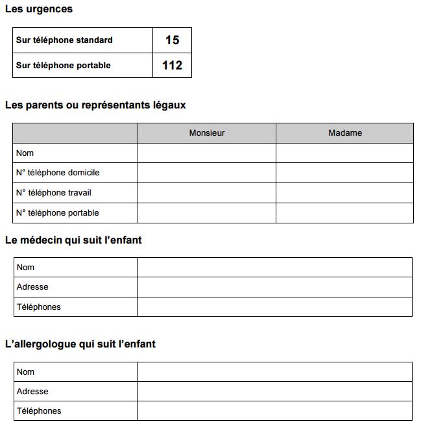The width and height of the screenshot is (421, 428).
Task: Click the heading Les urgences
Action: click(x=38, y=9)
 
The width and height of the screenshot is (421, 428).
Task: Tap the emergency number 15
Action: click(x=172, y=40)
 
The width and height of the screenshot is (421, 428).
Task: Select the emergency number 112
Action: click(x=172, y=65)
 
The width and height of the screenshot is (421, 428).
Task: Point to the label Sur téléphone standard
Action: click(x=64, y=40)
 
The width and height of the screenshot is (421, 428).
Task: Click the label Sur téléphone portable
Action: click(x=64, y=65)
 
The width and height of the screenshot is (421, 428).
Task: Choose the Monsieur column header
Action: click(x=207, y=133)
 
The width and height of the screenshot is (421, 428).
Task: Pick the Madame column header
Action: click(x=345, y=133)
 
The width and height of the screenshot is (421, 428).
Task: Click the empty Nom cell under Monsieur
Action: click(x=207, y=153)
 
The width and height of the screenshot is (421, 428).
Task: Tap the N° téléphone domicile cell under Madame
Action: click(x=345, y=173)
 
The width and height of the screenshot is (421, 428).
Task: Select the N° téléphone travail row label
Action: click(x=54, y=193)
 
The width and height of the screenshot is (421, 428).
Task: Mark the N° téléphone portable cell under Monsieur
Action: click(x=207, y=213)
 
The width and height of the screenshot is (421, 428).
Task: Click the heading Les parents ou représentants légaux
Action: click(x=95, y=105)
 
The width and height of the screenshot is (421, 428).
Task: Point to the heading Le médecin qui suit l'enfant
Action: click(x=73, y=240)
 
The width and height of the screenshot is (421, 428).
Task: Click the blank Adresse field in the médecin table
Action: click(x=274, y=287)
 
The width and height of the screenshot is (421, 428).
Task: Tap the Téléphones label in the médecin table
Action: click(x=39, y=307)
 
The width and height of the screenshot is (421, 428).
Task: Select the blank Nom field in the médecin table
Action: click(x=274, y=267)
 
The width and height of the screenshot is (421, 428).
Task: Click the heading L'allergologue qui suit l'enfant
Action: click(x=80, y=344)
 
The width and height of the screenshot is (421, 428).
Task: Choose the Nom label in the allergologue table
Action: click(x=26, y=372)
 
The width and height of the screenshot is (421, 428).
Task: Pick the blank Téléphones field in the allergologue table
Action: click(x=274, y=410)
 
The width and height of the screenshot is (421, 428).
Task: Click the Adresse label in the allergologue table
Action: click(x=32, y=392)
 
